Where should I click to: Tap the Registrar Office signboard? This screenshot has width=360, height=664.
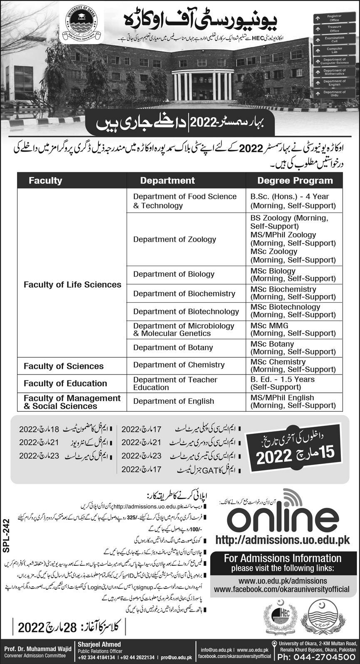click(x=334, y=18)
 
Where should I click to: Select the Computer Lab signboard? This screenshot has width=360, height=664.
click(x=334, y=50)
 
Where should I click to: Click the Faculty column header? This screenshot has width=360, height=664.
click(x=45, y=180)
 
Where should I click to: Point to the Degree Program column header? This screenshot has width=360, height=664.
click(x=295, y=180)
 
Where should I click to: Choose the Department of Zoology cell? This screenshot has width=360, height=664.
click(x=174, y=239)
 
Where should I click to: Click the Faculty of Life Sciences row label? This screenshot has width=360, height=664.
click(x=72, y=285)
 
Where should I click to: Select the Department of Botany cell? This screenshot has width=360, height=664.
click(x=173, y=348)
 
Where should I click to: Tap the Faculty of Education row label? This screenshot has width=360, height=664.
click(x=65, y=383)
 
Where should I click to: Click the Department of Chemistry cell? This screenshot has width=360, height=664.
click(x=179, y=365)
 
